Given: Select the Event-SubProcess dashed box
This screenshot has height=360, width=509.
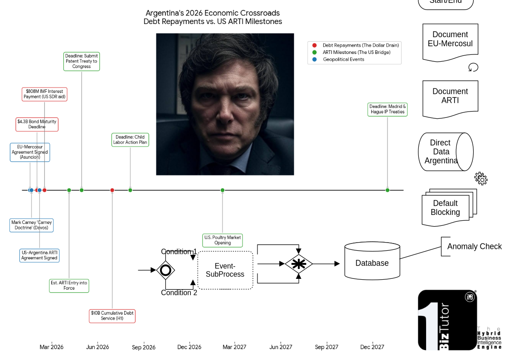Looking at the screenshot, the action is [225, 270].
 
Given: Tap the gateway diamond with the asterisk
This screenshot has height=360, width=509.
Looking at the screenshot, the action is [298, 263].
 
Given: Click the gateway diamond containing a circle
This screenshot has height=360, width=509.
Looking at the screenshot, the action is [165, 270].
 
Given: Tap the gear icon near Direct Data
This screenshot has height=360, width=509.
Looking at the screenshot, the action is [481, 179].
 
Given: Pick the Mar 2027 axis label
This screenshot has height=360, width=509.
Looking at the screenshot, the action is [234, 347].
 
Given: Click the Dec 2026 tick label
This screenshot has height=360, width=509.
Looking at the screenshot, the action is [189, 347].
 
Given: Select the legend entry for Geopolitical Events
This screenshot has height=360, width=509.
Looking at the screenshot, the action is [343, 59].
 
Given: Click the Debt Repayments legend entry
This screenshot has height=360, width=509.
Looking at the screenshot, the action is [360, 45].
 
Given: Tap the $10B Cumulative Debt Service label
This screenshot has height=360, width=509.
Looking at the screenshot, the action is [112, 316].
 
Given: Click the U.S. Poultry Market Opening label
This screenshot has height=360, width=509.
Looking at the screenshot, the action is [223, 240].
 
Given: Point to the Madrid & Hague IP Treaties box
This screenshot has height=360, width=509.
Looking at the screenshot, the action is [387, 109].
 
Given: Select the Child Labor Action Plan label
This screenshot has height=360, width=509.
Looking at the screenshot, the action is [130, 140].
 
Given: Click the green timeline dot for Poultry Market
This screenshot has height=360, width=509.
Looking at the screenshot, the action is [223, 190].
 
